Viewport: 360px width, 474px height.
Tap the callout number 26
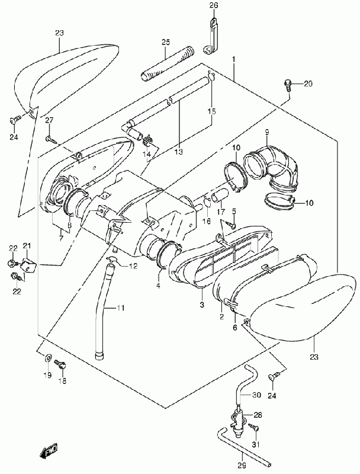[x=214, y=5]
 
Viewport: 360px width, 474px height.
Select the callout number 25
[x=166, y=42]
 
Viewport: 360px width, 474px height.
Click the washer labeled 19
[x=48, y=358]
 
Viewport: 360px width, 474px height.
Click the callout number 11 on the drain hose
[x=120, y=308]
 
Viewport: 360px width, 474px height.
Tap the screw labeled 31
[x=254, y=427]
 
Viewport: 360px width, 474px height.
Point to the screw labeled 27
[x=51, y=139]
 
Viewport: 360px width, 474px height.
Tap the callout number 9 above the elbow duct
[x=267, y=132]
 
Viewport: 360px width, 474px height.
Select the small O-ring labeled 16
[x=207, y=202]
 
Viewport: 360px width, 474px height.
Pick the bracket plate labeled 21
[x=28, y=265]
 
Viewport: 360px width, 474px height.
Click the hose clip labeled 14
[x=147, y=140]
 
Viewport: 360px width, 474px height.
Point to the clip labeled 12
[x=113, y=259]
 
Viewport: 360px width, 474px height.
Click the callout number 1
[x=233, y=58]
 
